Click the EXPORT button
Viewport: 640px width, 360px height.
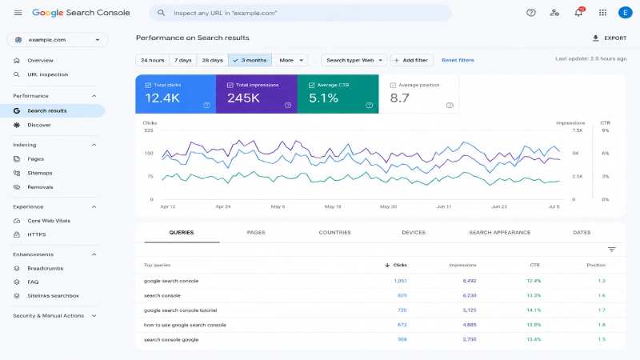[x=609, y=38]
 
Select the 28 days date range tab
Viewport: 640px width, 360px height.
[x=212, y=60]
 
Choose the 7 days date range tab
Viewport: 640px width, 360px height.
[x=183, y=60]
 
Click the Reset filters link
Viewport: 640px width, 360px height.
[x=458, y=60]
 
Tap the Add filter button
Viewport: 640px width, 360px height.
[x=411, y=60]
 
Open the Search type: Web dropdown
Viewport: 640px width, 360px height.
[x=354, y=60]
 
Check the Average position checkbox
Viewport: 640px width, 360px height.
[x=393, y=85]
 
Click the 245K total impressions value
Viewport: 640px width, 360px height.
[x=243, y=98]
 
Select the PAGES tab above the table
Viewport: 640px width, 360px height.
[x=256, y=232]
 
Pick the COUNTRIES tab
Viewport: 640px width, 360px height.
[x=334, y=232]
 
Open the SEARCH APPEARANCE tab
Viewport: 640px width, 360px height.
[x=499, y=232]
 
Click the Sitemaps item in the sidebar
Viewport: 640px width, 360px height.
[x=39, y=173]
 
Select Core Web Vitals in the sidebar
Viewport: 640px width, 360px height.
[x=49, y=221]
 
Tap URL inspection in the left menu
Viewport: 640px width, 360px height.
[x=47, y=74]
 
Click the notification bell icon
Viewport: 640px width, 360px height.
[x=578, y=13]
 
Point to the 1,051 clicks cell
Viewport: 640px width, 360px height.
[x=400, y=281]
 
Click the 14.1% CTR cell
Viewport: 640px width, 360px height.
[x=534, y=310]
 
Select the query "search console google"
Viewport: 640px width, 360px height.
[x=171, y=339]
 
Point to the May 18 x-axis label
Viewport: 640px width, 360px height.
[x=333, y=206]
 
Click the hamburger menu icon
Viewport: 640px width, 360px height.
[x=18, y=13]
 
